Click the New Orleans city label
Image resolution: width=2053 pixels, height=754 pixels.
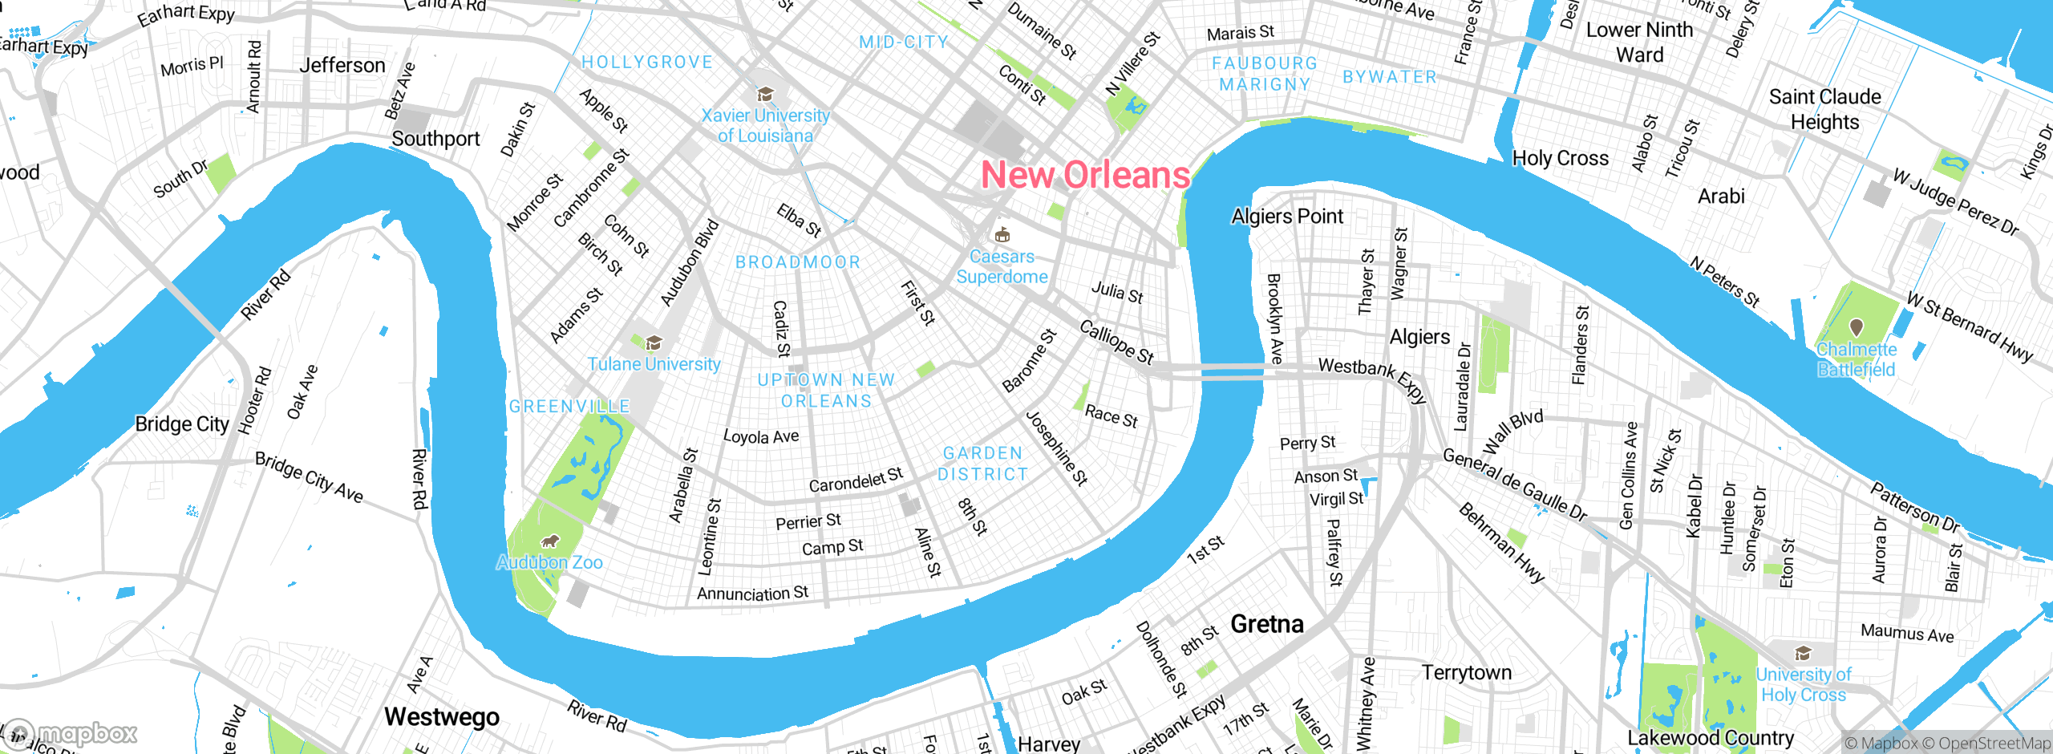[1085, 175]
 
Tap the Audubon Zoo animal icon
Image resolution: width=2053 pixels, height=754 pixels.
[549, 541]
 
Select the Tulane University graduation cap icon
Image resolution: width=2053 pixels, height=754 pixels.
[654, 343]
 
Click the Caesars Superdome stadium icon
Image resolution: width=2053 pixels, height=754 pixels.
[1002, 235]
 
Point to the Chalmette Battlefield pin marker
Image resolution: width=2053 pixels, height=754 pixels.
[1856, 327]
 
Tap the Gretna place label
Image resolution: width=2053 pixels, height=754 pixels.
[1266, 624]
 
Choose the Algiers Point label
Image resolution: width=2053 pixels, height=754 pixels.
[1286, 217]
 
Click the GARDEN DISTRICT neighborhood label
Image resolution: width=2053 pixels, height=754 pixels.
[982, 464]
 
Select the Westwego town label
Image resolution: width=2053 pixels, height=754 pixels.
[441, 716]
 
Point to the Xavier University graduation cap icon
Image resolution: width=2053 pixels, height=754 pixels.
[765, 95]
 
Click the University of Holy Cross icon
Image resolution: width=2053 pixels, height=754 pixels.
[1803, 653]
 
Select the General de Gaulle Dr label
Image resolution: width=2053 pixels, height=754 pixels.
[1514, 484]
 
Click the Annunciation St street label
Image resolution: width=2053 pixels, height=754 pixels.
[752, 594]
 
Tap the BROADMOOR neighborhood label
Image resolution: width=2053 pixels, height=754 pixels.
[798, 262]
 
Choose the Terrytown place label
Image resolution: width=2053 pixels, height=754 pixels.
[1466, 672]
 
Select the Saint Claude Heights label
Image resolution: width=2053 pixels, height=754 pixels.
[1824, 109]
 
